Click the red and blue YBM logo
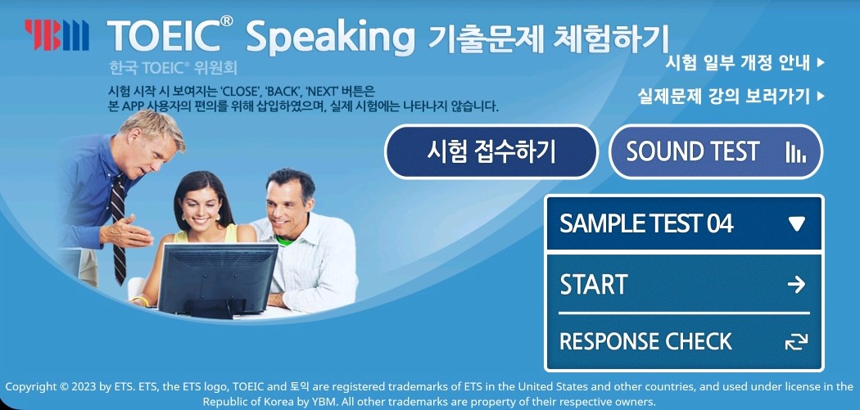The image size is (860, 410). coord(57,35)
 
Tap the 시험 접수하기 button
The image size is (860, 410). coord(491,152)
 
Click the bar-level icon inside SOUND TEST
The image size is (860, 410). coord(796,152)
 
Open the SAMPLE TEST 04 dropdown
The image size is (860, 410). coord(685,223)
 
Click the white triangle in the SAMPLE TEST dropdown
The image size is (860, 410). coord(796,223)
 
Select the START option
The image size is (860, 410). coord(685,284)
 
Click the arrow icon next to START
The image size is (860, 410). coord(796,284)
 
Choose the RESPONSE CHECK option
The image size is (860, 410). coord(685,341)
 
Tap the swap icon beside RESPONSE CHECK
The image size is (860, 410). coord(796,341)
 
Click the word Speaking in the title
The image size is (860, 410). coord(330,38)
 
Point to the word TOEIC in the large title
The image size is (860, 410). coord(170,36)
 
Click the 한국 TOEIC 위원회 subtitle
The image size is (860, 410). coord(174,68)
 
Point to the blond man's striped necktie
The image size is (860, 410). coord(119,228)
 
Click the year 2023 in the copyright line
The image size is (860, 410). coord(83,387)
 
